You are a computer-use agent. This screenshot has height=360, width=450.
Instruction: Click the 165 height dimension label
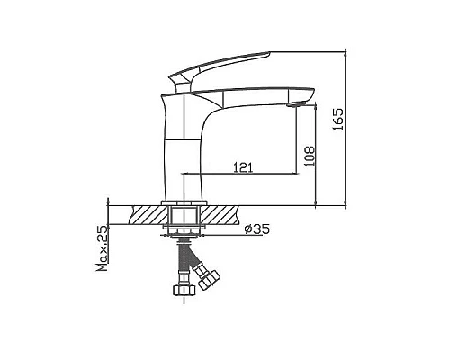[x=338, y=119]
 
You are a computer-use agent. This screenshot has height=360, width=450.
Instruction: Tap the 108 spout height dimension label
[x=310, y=157]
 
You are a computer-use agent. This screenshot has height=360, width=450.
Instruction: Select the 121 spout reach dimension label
[x=243, y=167]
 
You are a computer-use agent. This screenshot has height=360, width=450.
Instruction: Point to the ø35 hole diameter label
[x=256, y=229]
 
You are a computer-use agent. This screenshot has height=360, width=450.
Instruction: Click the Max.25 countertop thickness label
[x=103, y=248]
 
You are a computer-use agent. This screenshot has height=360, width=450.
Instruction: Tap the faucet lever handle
[x=220, y=67]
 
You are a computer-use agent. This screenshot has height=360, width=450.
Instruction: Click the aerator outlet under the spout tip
[x=295, y=104]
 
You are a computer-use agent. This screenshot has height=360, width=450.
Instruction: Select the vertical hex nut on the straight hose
[x=184, y=290]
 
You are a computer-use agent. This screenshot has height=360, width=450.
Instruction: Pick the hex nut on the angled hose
[x=210, y=280]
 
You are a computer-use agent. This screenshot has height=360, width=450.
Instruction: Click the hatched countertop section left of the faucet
[x=147, y=215]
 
